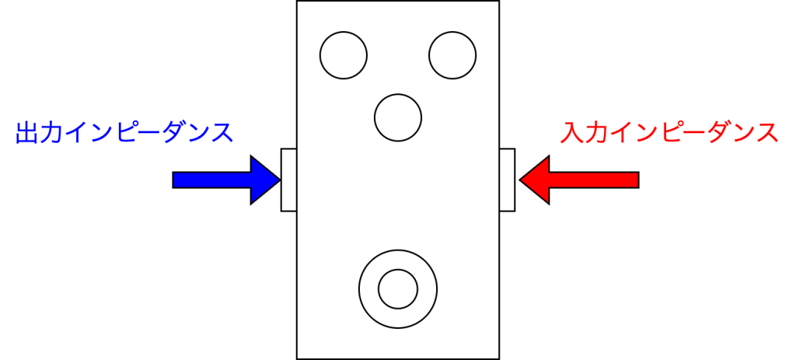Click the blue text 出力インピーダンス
click(124, 133)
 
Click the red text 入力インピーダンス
click(669, 133)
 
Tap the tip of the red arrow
click(522, 180)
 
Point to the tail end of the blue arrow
click(175, 180)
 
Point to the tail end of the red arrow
click(637, 180)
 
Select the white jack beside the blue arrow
click(289, 180)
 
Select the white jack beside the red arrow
click(507, 180)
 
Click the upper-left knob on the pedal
click(343, 55)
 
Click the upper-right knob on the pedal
click(452, 55)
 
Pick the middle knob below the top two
click(398, 117)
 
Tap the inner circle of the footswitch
click(398, 288)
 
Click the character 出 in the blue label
click(27, 133)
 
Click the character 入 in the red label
click(571, 133)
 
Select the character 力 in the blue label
click(51, 133)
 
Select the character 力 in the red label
click(595, 133)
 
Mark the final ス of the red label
click(766, 133)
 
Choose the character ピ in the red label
click(669, 133)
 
